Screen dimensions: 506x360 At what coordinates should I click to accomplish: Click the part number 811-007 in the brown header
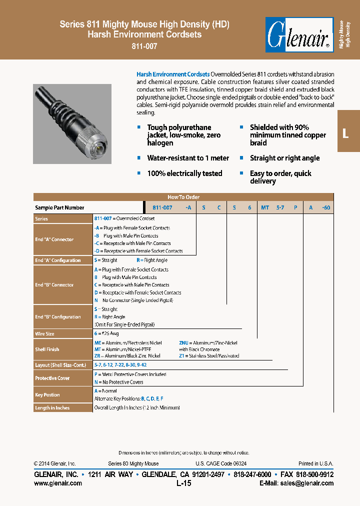coord(144,45)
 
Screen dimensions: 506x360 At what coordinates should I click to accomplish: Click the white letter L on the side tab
coord(345,133)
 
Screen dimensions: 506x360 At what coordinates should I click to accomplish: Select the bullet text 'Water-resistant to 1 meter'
coord(188,158)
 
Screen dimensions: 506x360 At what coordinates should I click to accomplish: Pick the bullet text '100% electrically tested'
coord(184,173)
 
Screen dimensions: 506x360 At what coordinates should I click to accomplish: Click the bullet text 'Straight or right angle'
coord(284,158)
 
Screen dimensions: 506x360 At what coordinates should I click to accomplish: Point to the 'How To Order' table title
coord(183,197)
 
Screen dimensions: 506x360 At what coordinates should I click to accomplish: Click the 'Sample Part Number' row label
coord(59,207)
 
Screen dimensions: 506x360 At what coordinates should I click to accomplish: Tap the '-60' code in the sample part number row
coord(325,207)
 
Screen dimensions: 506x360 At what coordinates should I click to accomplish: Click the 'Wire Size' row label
coord(44,333)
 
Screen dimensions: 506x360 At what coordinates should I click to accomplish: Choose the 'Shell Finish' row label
coord(47,349)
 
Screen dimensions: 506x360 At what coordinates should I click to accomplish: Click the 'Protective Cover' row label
coord(52,378)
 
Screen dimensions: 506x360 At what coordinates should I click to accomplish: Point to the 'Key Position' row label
coord(47,395)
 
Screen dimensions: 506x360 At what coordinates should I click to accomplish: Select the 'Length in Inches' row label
coord(52,408)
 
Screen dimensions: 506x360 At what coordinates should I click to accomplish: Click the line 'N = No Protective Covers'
coord(118,382)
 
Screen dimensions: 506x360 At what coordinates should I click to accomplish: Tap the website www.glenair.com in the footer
coord(57,483)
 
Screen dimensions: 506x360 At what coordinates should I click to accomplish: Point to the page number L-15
coord(183,483)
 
